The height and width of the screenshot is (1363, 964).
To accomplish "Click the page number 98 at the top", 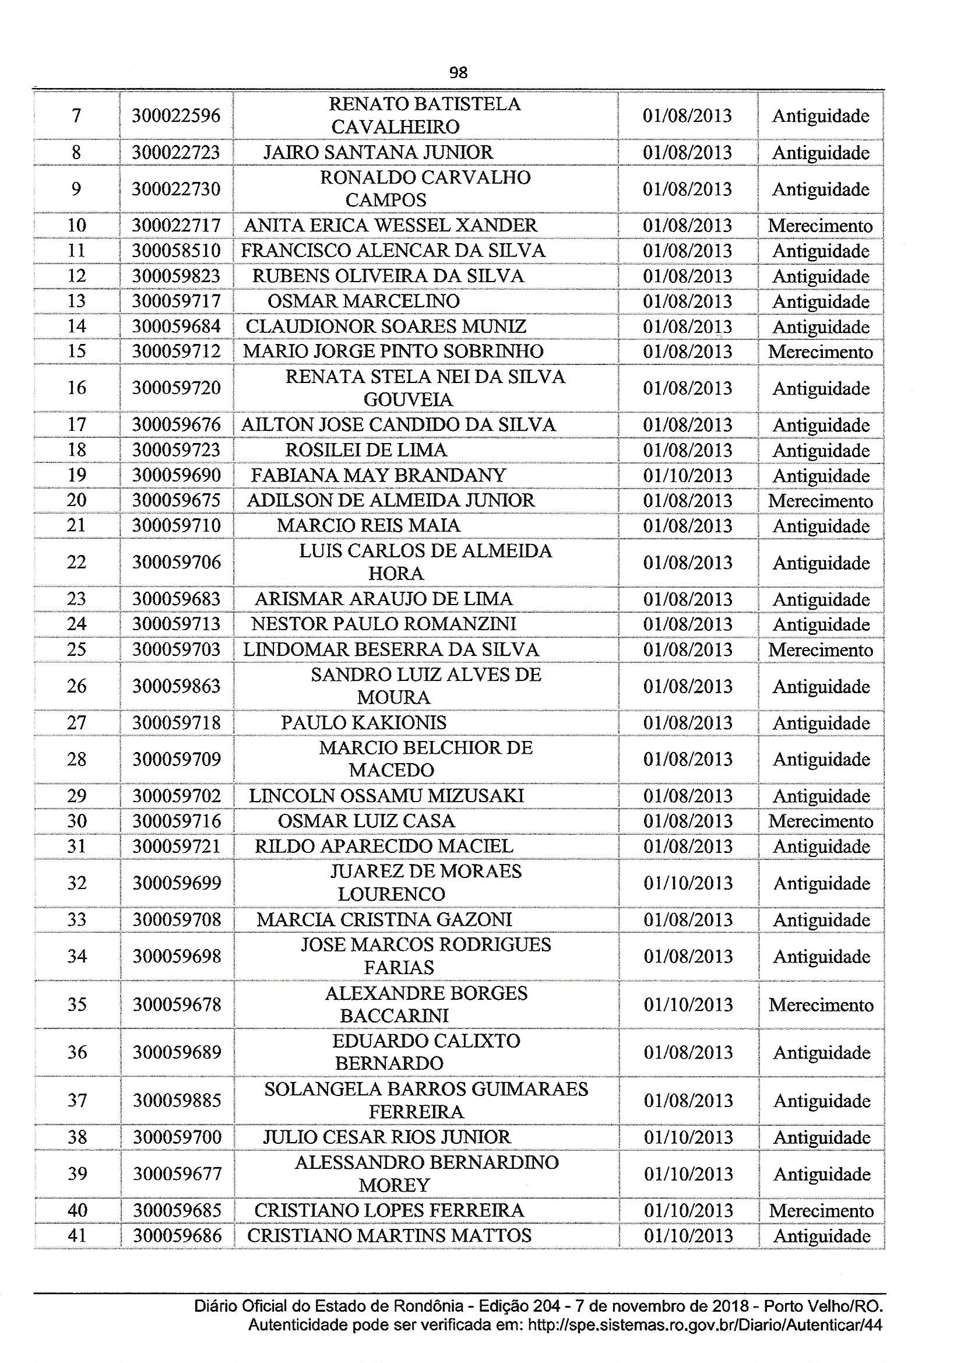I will click(x=458, y=72).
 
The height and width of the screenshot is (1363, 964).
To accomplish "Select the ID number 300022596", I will click(x=176, y=115).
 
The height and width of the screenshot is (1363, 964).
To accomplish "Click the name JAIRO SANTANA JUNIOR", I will click(x=378, y=153).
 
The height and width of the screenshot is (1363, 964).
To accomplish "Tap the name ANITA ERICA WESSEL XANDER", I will click(x=390, y=226).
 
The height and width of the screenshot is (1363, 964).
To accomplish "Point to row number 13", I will click(x=76, y=301).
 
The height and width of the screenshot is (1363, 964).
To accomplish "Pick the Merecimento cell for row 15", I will click(x=821, y=352).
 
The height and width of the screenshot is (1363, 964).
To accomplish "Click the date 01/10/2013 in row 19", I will click(x=687, y=476).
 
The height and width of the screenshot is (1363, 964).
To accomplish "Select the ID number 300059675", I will click(x=176, y=500).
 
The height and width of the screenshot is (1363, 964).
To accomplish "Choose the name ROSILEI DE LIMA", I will click(x=365, y=450).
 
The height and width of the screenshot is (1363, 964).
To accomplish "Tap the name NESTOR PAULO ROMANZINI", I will click(x=384, y=624).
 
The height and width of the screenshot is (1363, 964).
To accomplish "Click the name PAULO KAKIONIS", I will click(x=363, y=722).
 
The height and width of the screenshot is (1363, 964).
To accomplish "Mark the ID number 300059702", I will click(x=176, y=796).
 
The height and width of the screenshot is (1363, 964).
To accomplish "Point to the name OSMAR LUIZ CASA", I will click(x=365, y=821).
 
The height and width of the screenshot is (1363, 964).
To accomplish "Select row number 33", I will click(x=76, y=919).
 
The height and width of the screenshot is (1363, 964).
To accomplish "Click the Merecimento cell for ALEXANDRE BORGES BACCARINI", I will click(x=821, y=1005).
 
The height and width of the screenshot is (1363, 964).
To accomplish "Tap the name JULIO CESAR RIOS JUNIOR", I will click(x=386, y=1137).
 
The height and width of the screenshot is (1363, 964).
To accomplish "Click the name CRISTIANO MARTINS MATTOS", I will click(x=389, y=1235).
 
